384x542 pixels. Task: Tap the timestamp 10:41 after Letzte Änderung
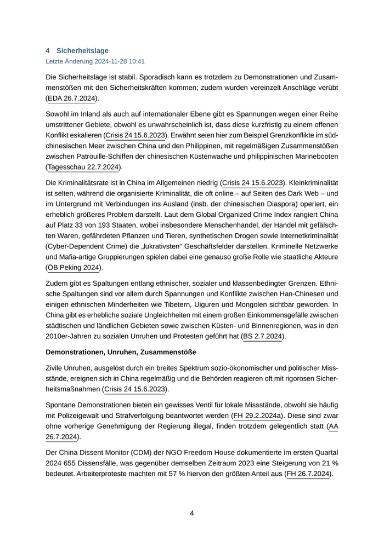[137, 61]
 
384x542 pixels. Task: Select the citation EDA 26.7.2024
[72, 99]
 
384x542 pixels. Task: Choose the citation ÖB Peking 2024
[74, 268]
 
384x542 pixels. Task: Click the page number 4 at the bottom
[192, 513]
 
